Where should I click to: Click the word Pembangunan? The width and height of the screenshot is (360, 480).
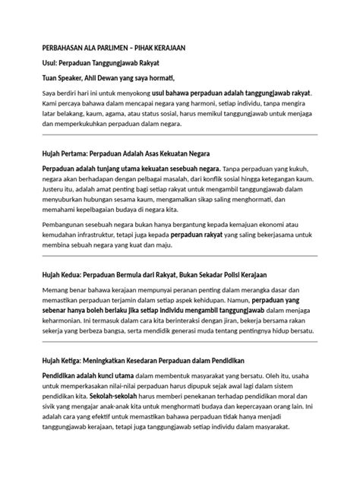69,225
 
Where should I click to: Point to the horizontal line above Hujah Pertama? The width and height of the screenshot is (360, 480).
180,135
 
